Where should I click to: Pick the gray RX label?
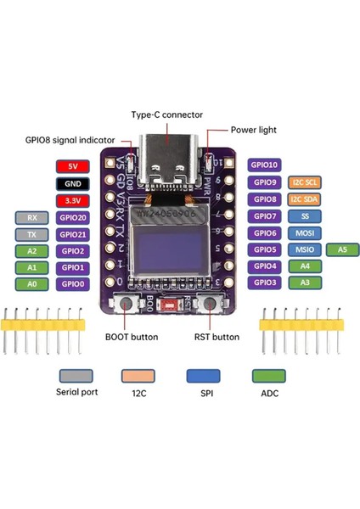31,217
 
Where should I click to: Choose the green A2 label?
31,251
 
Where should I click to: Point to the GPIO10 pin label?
264,165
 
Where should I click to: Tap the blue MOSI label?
303,233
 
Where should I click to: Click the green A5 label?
342,249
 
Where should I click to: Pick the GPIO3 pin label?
264,282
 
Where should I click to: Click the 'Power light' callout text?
254,131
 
